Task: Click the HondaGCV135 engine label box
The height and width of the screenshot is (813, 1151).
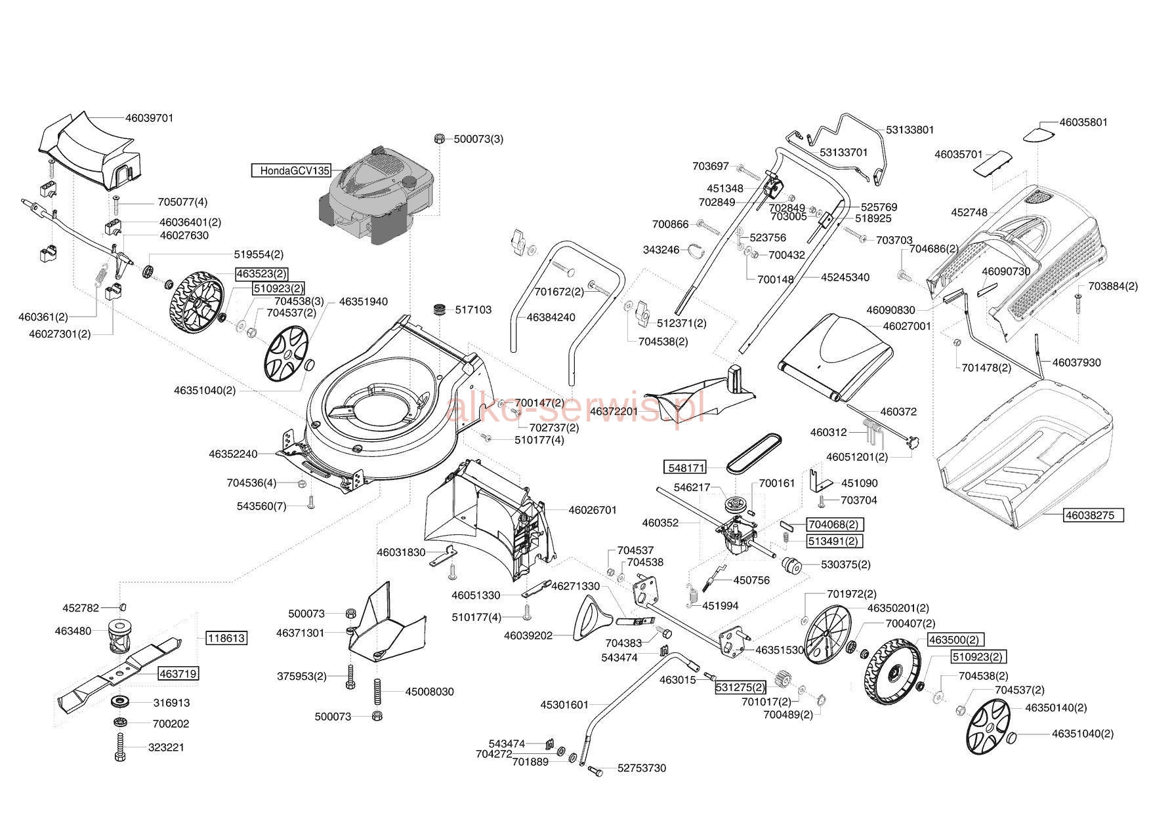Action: [x=291, y=170]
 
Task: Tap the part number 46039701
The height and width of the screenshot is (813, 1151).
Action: [x=149, y=118]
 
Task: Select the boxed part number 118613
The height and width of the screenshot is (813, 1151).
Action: [x=226, y=638]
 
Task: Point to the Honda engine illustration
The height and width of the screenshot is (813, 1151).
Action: [x=379, y=197]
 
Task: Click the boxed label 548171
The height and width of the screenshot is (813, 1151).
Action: [x=686, y=468]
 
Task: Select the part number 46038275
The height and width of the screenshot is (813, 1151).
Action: [x=1089, y=515]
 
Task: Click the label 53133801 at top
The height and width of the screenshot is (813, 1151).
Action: [x=910, y=130]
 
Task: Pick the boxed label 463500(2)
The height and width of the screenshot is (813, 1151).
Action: [x=955, y=639]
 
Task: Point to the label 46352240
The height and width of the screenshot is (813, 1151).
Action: [x=233, y=454]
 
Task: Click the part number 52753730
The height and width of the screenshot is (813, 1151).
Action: [x=641, y=768]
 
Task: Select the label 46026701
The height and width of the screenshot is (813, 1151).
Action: [x=593, y=509]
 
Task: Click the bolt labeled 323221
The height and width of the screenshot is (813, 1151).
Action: [x=120, y=747]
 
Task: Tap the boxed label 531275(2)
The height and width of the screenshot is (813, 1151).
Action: [x=740, y=687]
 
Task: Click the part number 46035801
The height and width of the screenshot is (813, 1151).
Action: [x=1083, y=122]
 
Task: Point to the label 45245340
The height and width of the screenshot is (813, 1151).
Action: [x=845, y=277]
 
